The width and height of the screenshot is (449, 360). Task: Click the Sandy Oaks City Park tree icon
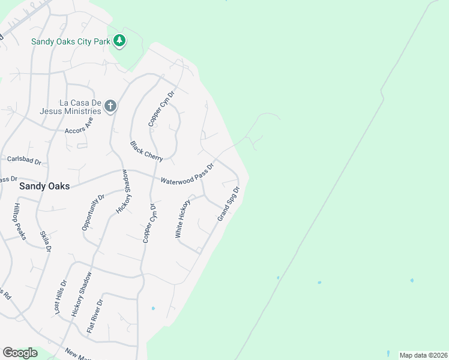point(120,41)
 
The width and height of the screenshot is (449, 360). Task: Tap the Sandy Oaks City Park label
point(72,41)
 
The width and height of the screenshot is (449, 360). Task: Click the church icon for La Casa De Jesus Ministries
point(110,107)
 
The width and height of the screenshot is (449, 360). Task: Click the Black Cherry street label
point(146,151)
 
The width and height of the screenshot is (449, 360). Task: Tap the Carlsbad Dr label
point(24,160)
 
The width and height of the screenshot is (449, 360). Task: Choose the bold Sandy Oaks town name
point(44,186)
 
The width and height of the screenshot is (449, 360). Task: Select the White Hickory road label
point(182,219)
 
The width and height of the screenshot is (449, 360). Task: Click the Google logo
point(20,353)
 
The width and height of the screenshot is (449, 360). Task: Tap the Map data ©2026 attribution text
point(423,355)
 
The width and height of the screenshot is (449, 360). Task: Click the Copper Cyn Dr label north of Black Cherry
point(161,108)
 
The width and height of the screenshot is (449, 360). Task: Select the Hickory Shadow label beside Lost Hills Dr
point(82,294)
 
